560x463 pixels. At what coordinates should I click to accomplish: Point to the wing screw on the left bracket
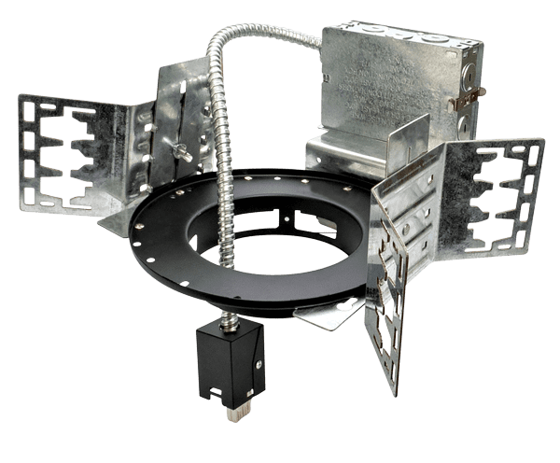pyautogui.click(x=177, y=150)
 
